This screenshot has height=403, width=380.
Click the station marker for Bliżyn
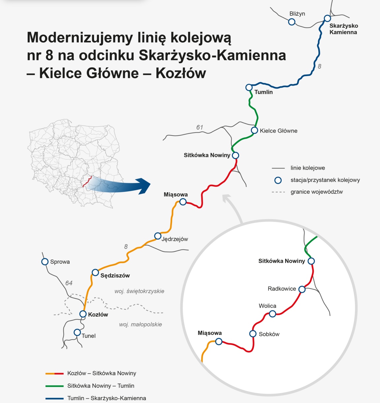pyautogui.click(x=292, y=22)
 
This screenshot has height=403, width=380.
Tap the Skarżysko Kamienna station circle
pyautogui.click(x=327, y=18)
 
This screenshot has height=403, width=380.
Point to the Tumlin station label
pyautogui.click(x=264, y=92)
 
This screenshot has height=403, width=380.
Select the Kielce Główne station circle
pyautogui.click(x=254, y=130)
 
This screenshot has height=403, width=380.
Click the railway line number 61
pyautogui.click(x=200, y=127)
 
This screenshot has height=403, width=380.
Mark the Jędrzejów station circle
pyautogui.click(x=158, y=236)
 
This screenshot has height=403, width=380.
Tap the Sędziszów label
pyautogui.click(x=115, y=276)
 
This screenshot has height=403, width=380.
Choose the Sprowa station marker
pyautogui.click(x=45, y=262)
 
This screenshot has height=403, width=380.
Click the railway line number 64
pyautogui.click(x=69, y=283)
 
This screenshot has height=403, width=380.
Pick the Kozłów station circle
pyautogui.click(x=83, y=314)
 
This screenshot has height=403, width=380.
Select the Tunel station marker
pyautogui.click(x=77, y=332)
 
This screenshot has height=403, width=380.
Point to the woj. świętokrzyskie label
pyautogui.click(x=139, y=291)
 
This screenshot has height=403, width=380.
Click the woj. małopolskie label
pyautogui.click(x=141, y=325)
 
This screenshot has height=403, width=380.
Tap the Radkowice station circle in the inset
pyautogui.click(x=302, y=289)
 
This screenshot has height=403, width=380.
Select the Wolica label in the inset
pyautogui.click(x=268, y=306)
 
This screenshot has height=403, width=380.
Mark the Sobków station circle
pyautogui.click(x=253, y=334)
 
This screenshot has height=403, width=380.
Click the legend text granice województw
pyautogui.click(x=317, y=192)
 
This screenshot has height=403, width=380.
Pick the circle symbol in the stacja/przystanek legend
pyautogui.click(x=278, y=180)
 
